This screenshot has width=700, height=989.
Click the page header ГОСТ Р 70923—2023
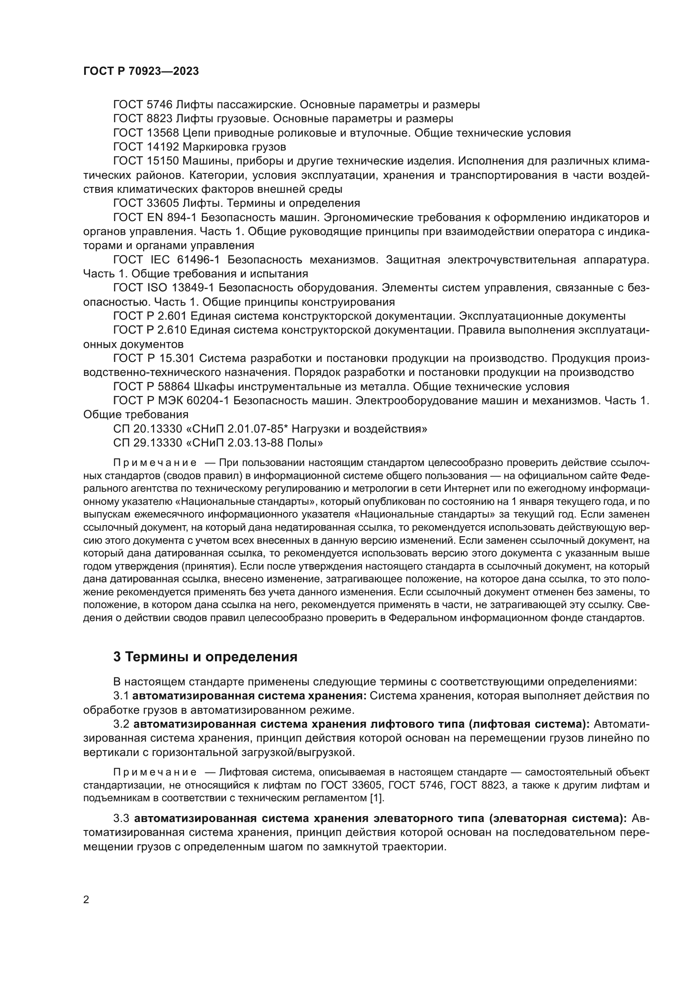[x=141, y=71]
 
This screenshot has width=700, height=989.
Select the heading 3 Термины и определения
[x=205, y=657]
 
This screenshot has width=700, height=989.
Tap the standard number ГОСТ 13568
[x=145, y=133]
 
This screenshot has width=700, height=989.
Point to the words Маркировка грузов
[x=234, y=147]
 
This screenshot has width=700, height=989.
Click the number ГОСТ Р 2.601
[x=149, y=316]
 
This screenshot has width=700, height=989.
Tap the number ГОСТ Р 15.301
[x=154, y=359]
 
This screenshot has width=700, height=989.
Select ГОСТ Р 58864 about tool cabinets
[x=152, y=386]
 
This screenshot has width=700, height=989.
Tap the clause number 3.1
[x=121, y=696]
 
